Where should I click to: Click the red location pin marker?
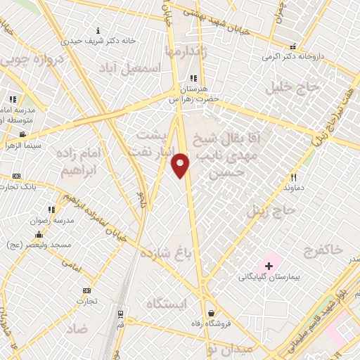click(181, 165)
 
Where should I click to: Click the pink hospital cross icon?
click(269, 265)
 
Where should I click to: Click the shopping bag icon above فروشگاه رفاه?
click(210, 313)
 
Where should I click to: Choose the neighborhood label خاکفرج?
click(323, 250)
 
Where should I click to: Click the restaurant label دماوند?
click(293, 188)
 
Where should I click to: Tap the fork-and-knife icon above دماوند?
click(294, 178)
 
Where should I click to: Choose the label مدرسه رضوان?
click(50, 220)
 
